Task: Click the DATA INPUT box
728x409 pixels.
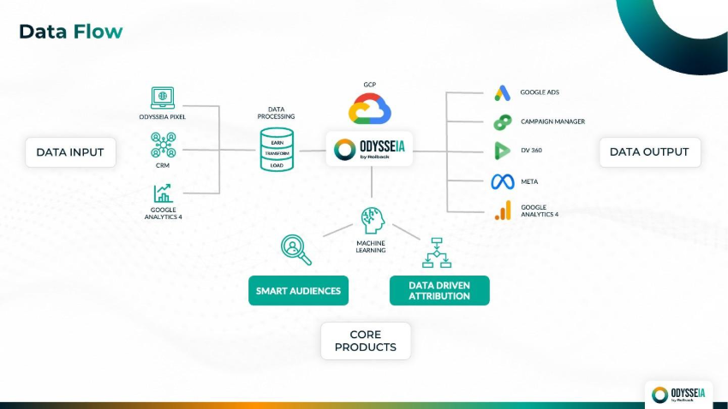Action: coord(70,152)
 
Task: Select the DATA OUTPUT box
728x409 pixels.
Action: coord(649,152)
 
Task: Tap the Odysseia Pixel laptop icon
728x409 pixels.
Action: coord(162,97)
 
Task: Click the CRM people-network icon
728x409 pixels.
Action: coord(162,142)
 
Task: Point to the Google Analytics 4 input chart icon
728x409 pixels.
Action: coord(162,193)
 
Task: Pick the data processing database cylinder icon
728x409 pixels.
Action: coord(277,148)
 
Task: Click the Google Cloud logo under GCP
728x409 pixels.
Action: coord(370,110)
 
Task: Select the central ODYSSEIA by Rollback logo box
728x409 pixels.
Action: coord(370,149)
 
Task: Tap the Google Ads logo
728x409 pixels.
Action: coord(502,92)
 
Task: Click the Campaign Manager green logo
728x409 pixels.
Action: coord(502,122)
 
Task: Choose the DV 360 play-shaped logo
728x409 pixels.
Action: coord(502,151)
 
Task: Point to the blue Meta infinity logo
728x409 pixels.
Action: coord(502,181)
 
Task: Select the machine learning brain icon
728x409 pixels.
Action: coord(371,219)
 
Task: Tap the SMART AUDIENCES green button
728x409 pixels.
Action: coord(298,291)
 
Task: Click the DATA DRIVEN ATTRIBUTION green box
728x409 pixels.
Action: coord(439,291)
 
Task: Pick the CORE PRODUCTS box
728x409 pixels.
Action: coord(366,341)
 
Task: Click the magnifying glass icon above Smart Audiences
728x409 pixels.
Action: coord(295,249)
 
